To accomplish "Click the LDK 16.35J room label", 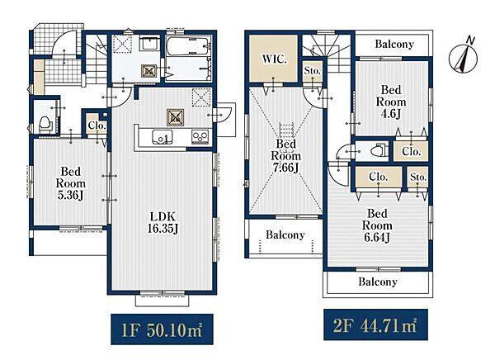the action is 163,223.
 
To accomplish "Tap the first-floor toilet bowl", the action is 45,124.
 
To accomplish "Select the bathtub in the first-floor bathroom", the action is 188,46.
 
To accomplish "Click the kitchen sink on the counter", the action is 162,137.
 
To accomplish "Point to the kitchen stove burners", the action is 200,138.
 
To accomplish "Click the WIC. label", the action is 274,59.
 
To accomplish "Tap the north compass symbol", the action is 463,57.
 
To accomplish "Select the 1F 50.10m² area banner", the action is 162,329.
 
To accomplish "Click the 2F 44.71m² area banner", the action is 375,325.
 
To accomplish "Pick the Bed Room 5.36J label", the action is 71,183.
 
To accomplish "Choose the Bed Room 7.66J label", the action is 285,155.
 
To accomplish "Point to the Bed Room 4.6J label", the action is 391,102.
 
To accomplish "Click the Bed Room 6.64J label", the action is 377,225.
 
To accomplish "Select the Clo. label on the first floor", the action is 97,126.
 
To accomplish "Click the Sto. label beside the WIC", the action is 312,71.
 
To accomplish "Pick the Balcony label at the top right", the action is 394,45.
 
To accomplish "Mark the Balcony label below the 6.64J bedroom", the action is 378,282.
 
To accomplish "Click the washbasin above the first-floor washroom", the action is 149,43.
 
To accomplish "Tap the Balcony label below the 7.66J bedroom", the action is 285,234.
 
